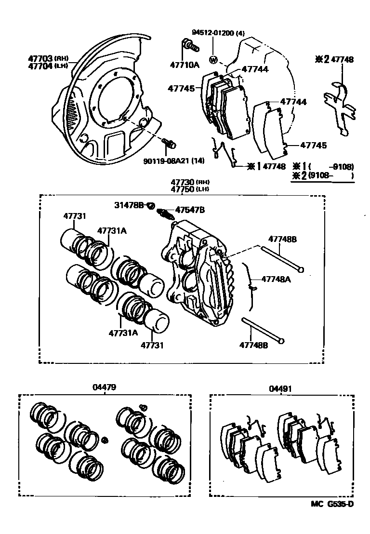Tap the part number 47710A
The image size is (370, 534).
tap(184, 65)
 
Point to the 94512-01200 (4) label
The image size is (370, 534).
tap(218, 33)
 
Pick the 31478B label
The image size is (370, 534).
tap(129, 206)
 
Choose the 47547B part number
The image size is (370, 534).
tap(190, 210)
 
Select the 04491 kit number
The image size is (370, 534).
tap(281, 389)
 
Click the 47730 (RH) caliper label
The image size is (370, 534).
tap(187, 182)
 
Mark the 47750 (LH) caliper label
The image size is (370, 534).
tap(187, 189)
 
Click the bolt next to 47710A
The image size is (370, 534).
tap(190, 47)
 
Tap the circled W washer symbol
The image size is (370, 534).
tap(213, 60)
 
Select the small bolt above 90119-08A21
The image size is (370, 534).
tap(169, 143)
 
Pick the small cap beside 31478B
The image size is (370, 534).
tap(150, 206)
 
